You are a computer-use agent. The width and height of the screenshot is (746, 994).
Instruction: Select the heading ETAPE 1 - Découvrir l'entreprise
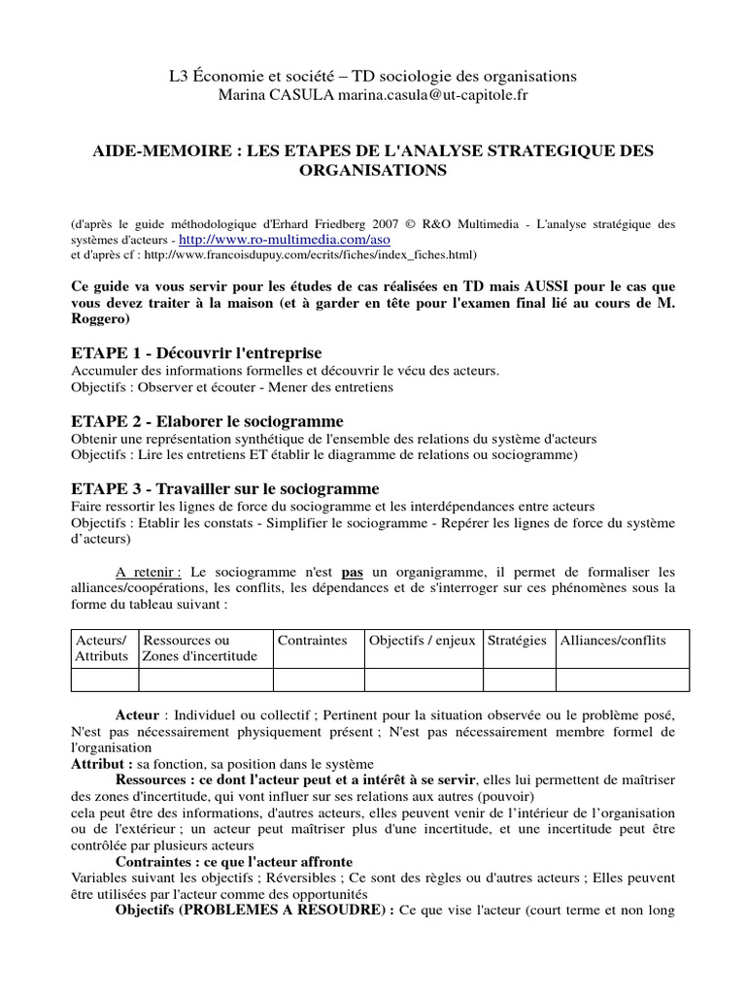tap(196, 352)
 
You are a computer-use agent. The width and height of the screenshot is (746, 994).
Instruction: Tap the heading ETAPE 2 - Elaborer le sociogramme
tap(208, 421)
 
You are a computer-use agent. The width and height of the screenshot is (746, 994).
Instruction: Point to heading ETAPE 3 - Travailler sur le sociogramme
tap(225, 488)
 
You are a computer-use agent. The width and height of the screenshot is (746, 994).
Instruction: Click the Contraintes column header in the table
tap(312, 641)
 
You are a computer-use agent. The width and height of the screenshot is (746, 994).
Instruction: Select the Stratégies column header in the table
tap(517, 641)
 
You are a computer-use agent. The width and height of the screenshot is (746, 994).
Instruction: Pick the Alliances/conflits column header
tap(613, 641)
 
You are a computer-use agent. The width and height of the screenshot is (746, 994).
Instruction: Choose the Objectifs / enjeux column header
tap(422, 641)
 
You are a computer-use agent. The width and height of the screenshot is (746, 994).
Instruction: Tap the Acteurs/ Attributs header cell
tap(101, 648)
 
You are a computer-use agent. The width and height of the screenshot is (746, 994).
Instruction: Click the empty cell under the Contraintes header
tap(317, 679)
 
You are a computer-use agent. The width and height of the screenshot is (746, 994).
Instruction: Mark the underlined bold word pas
tap(352, 572)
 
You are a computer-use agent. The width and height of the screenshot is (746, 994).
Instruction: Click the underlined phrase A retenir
tap(150, 572)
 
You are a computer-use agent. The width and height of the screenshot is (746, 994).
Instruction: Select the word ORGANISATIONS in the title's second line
tap(373, 170)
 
